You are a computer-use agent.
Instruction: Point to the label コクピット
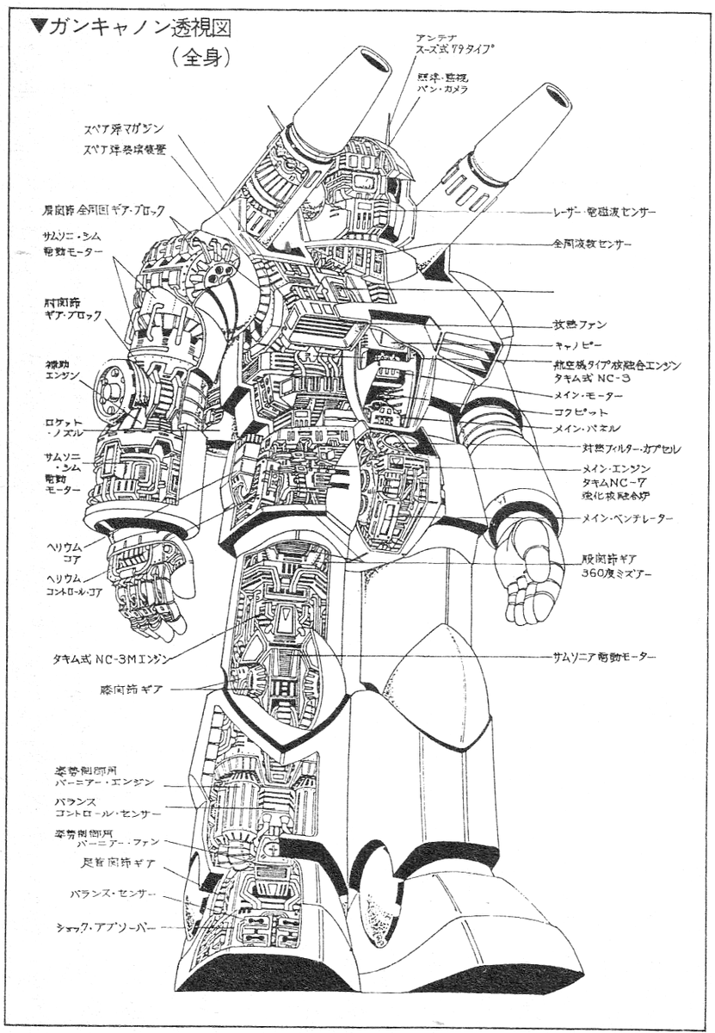pos(580,412)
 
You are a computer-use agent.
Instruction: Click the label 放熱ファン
pos(579,325)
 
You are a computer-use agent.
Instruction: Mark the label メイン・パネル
pos(588,429)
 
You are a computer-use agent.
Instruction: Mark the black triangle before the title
pos(38,25)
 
